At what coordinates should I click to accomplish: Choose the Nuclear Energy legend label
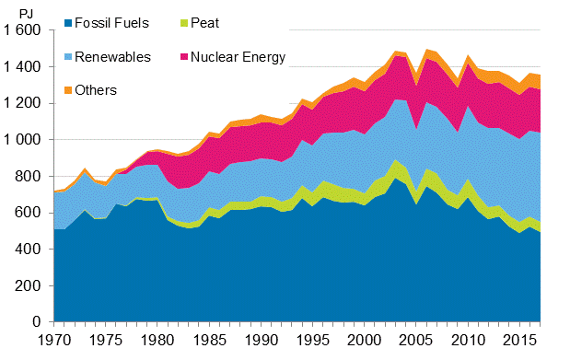click(x=241, y=57)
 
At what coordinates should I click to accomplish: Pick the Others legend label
click(x=97, y=89)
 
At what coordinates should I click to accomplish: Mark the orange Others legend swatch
click(x=69, y=89)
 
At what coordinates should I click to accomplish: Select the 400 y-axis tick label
click(x=30, y=250)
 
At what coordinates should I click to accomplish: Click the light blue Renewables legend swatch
click(x=69, y=58)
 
